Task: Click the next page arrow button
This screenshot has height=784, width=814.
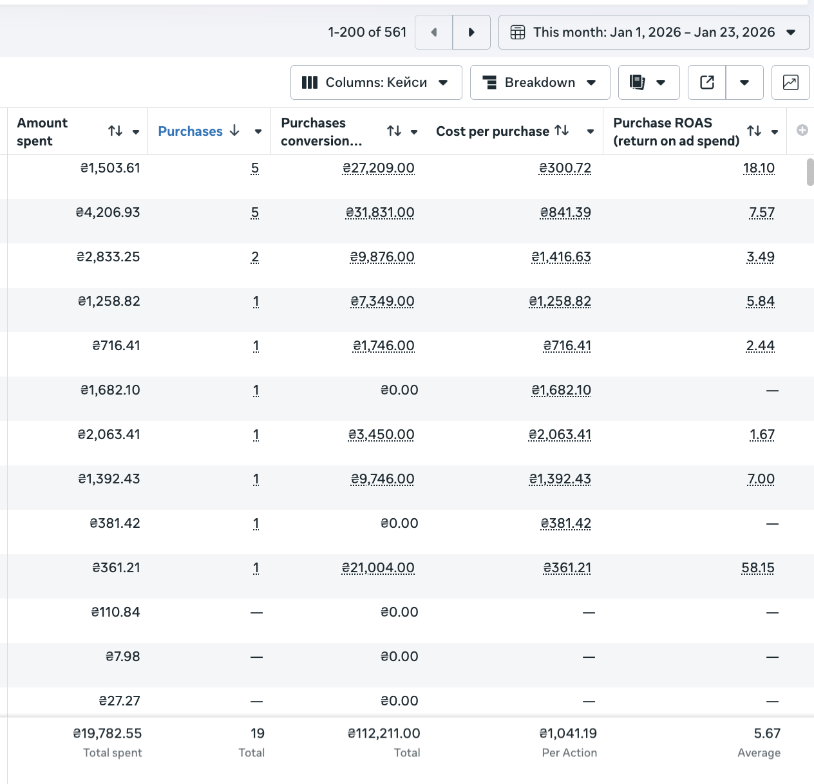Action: [x=471, y=32]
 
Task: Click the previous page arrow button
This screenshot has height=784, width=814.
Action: [x=434, y=32]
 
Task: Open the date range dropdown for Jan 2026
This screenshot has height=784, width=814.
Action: [x=654, y=32]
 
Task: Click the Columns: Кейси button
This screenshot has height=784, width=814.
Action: [x=376, y=82]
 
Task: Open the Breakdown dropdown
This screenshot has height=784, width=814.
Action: [x=540, y=82]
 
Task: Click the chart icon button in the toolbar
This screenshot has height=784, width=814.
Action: [x=790, y=82]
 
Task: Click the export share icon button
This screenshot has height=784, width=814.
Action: [x=707, y=82]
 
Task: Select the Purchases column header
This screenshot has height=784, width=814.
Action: [x=191, y=131]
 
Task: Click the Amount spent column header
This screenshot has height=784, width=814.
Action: [x=42, y=132]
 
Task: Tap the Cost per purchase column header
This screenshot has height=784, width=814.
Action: [x=493, y=131]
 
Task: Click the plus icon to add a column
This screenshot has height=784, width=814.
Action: [x=802, y=131]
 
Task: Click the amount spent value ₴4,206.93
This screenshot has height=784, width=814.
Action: [x=108, y=212]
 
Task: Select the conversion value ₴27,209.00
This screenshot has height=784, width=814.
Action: [x=379, y=168]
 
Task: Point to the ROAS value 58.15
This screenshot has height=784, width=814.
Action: [x=758, y=568]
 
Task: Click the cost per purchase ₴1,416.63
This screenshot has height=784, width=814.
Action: [x=562, y=257]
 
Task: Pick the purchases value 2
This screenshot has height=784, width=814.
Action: [x=255, y=257]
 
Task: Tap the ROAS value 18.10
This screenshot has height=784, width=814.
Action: [x=759, y=168]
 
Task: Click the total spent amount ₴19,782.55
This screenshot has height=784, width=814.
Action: [x=108, y=733]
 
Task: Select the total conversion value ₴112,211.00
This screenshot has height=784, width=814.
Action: [x=384, y=733]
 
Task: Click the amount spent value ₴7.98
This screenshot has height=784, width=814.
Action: [x=122, y=657]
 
